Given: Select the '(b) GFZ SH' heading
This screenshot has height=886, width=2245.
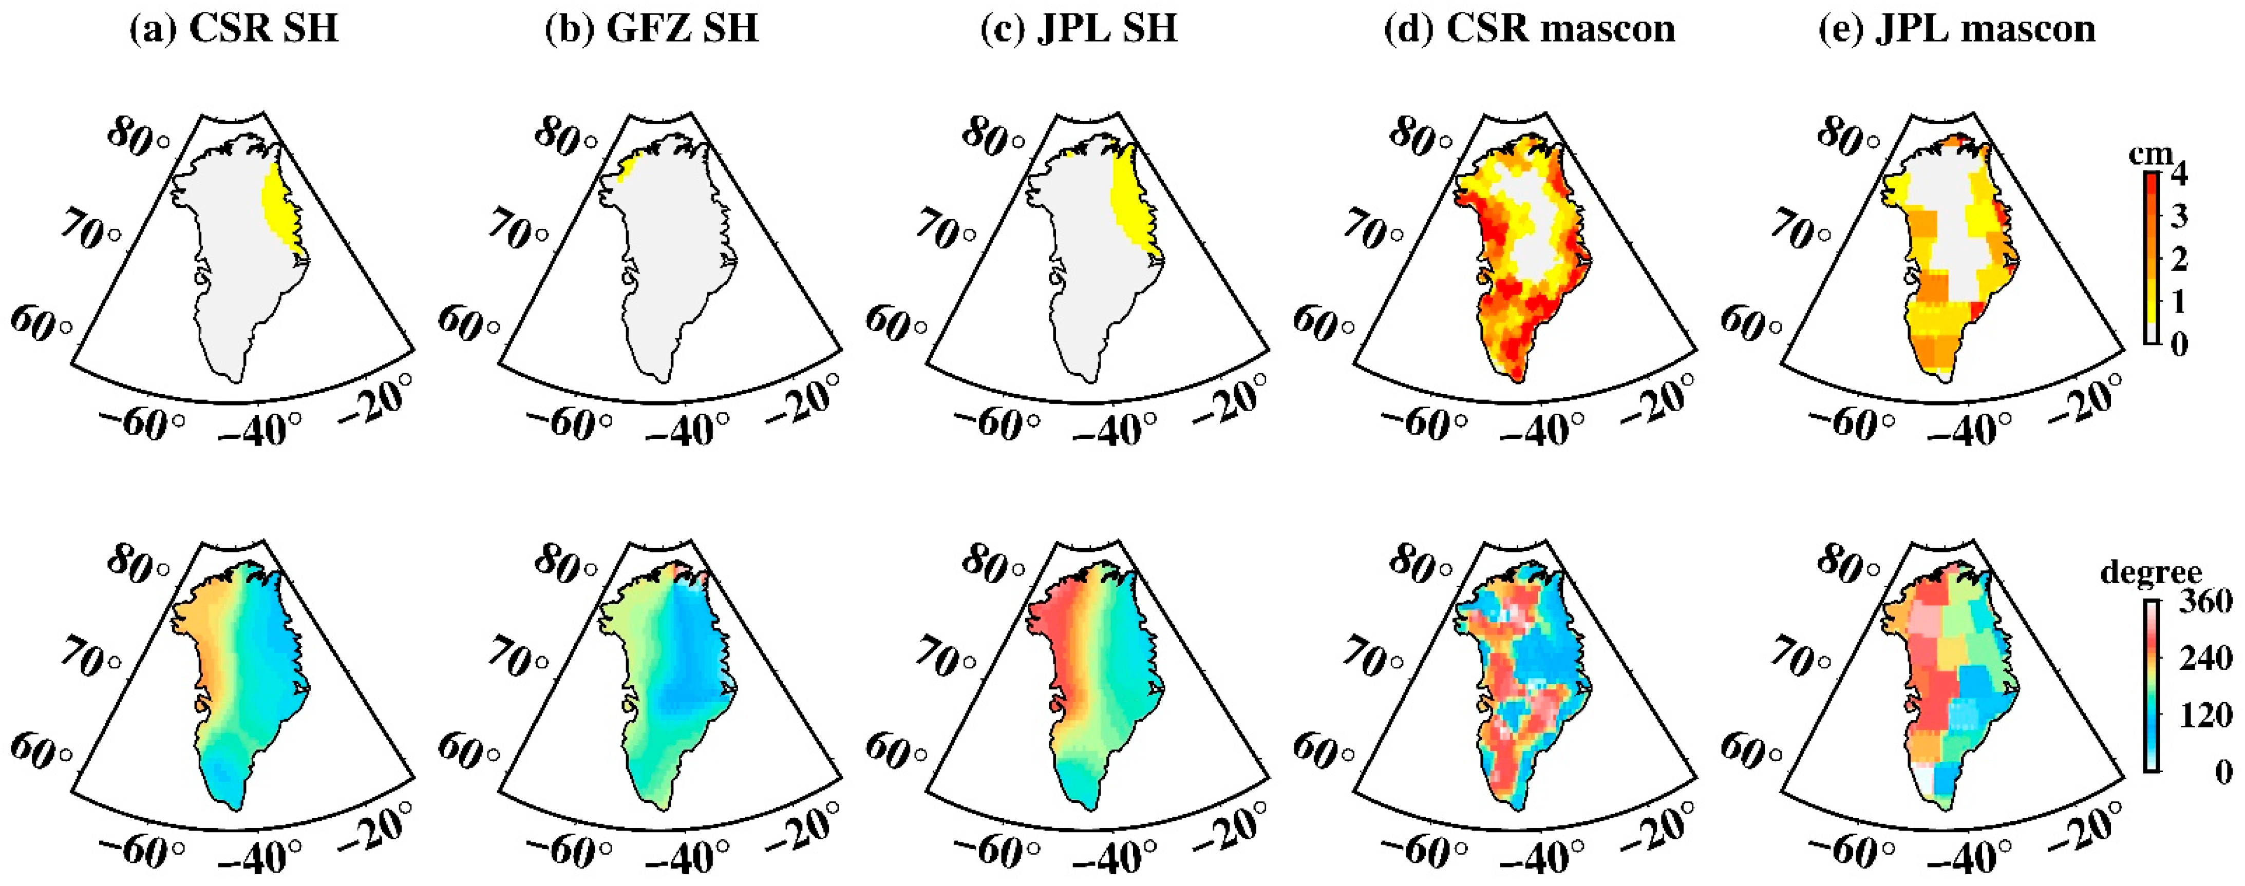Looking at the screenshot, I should click(x=651, y=29).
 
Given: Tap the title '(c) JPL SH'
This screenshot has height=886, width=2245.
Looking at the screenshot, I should click(x=1079, y=29).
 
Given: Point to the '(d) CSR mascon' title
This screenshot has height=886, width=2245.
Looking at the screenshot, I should click(x=1530, y=29).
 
